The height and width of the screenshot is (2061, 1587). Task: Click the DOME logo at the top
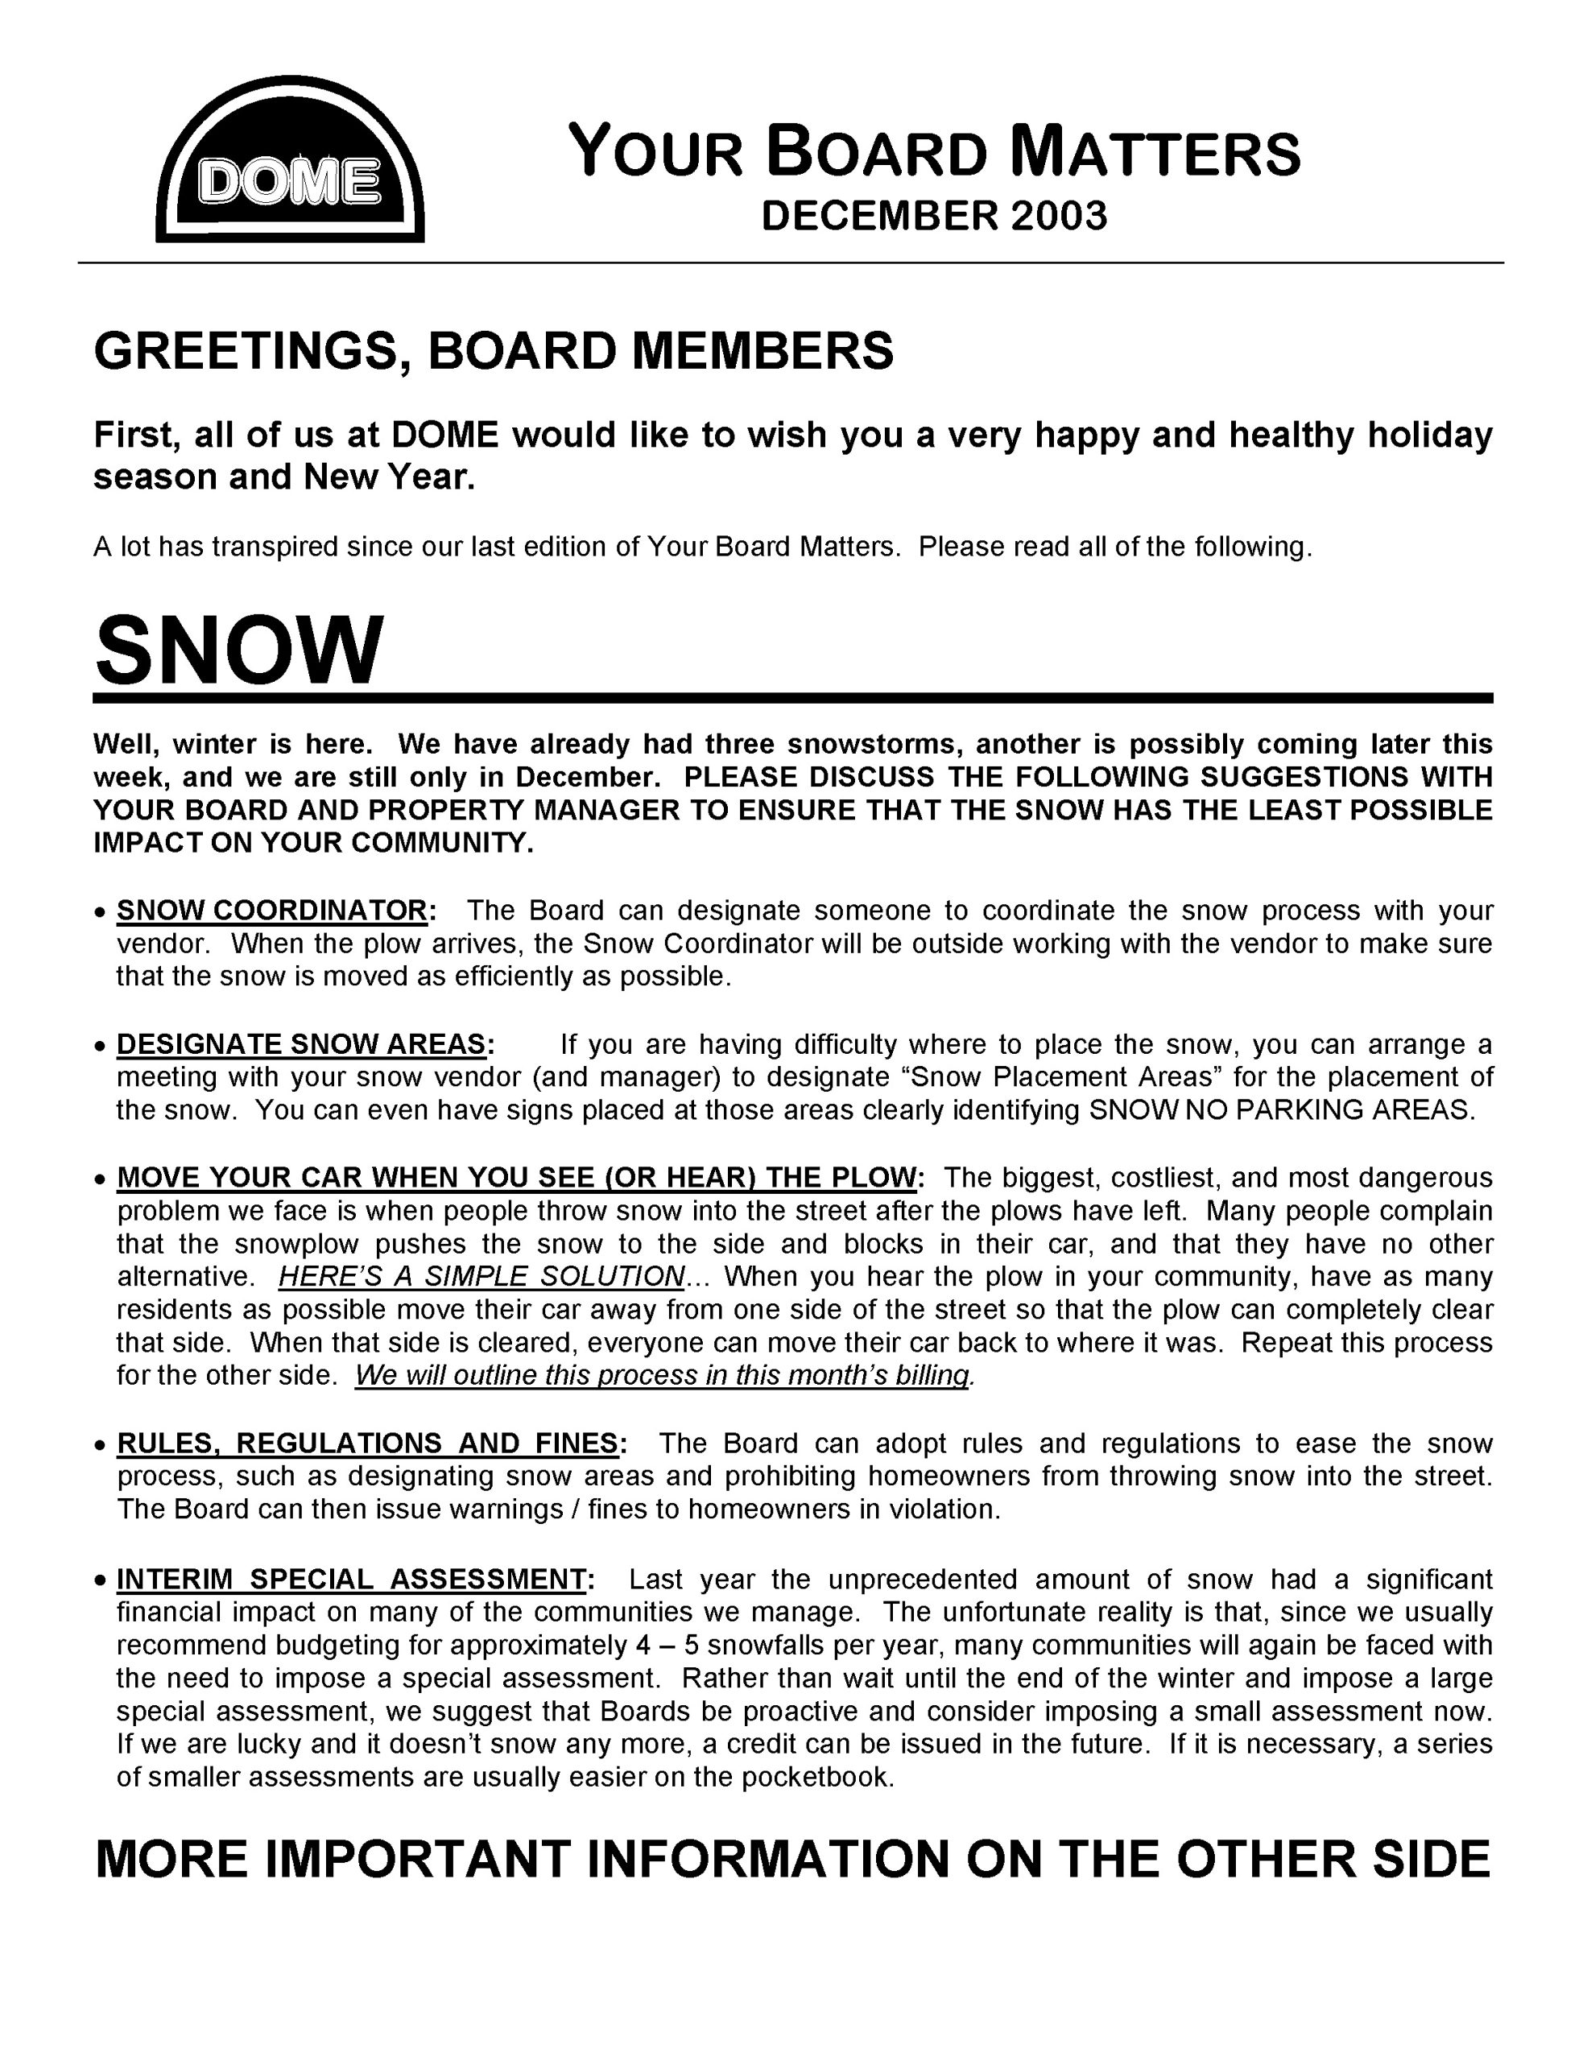point(290,160)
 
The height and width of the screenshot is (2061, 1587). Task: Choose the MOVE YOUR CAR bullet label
point(516,1178)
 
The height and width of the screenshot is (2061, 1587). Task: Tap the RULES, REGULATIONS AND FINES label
point(367,1444)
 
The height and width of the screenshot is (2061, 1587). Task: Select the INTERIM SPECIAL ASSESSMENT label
point(352,1579)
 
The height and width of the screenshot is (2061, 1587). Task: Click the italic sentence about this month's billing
point(663,1376)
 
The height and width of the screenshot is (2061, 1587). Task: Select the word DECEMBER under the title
point(879,216)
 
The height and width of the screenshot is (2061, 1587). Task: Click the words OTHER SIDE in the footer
point(1333,1860)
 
